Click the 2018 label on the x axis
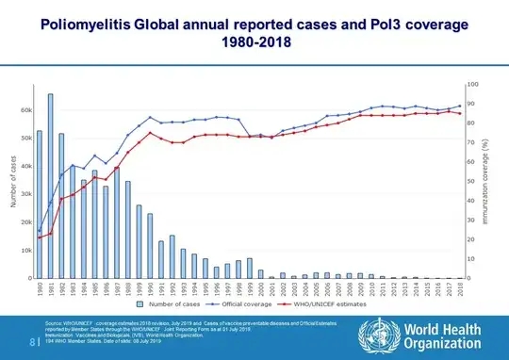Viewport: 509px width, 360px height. pos(459,289)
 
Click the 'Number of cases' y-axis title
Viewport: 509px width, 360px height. pos(13,182)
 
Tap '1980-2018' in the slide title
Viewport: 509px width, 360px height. pos(254,43)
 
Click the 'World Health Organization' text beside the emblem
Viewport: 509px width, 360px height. pos(438,336)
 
